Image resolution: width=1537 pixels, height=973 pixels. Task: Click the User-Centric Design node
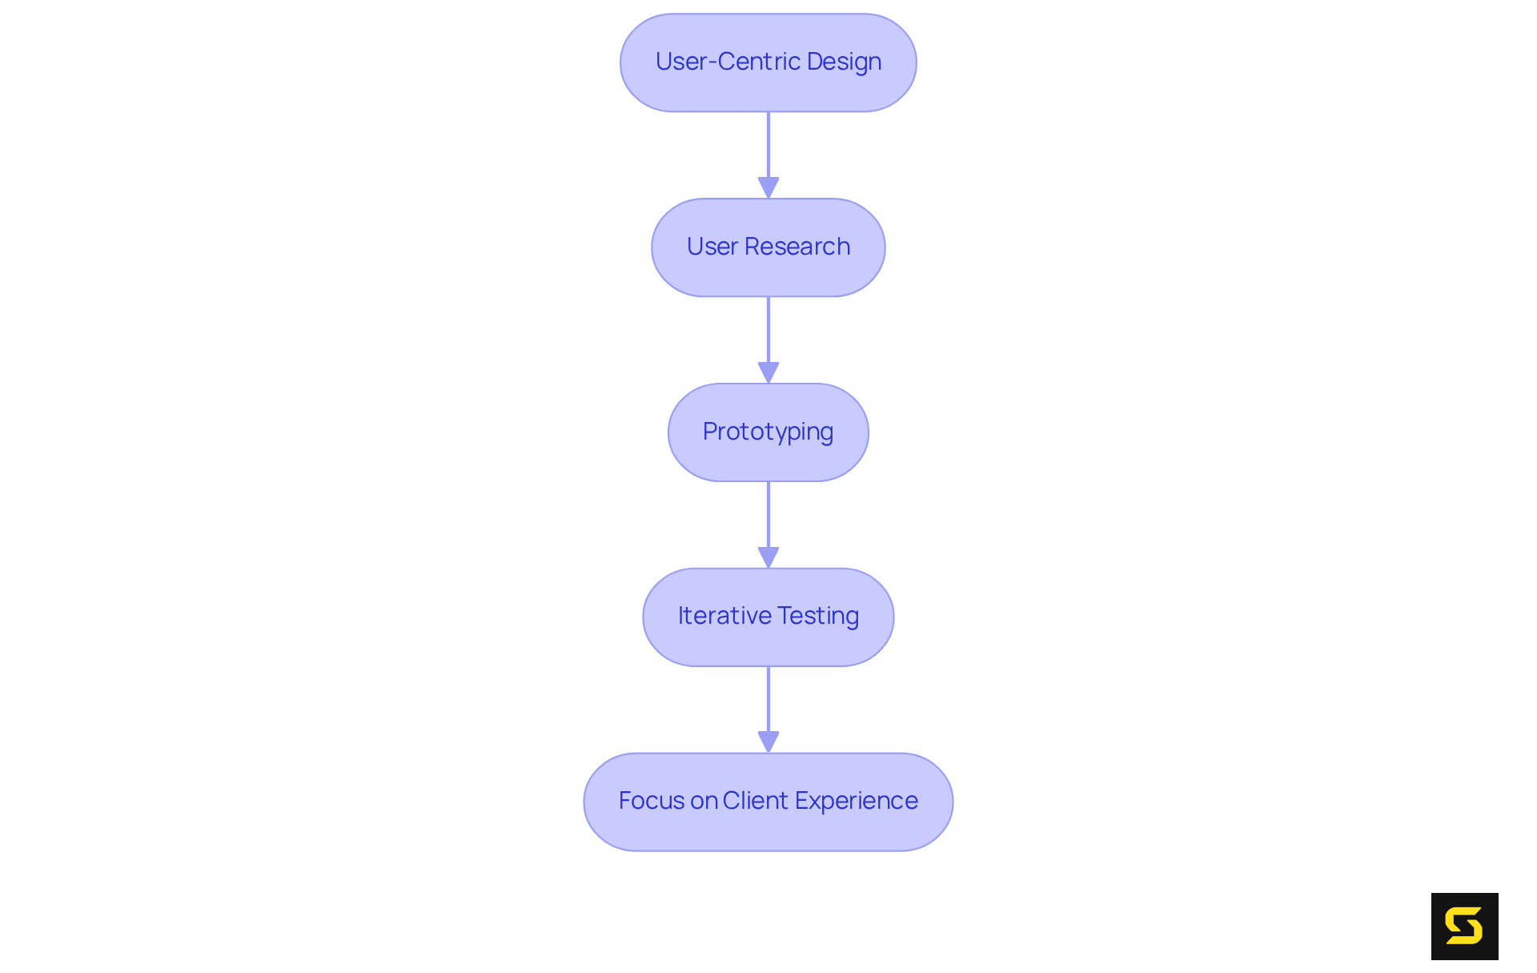click(x=768, y=62)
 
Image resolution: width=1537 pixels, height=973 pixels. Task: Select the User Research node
click(x=768, y=247)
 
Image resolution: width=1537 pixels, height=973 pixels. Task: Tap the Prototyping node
click(x=768, y=432)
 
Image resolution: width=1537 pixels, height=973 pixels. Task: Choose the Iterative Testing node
click(x=768, y=617)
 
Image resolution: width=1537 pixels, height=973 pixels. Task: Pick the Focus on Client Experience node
click(x=768, y=802)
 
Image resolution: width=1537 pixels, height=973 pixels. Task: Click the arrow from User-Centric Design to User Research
click(x=768, y=148)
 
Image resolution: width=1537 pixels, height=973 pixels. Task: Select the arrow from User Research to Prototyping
click(x=768, y=332)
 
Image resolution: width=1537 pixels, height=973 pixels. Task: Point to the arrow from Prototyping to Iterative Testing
click(x=768, y=517)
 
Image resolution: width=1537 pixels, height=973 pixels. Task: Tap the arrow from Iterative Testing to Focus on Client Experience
click(x=768, y=702)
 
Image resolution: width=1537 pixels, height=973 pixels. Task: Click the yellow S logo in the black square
click(x=1464, y=926)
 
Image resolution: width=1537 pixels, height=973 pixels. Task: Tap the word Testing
click(x=819, y=617)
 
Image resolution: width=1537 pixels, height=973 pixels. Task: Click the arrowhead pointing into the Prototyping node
click(x=768, y=373)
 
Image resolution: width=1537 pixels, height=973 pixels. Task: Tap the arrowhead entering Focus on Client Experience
click(x=768, y=742)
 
